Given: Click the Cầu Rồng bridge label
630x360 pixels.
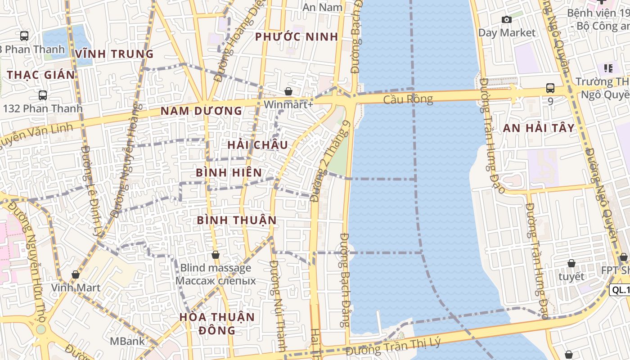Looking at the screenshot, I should [x=408, y=99].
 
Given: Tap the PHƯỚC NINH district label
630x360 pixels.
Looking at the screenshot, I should [x=297, y=37].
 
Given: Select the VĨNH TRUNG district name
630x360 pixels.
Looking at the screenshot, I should [x=115, y=54].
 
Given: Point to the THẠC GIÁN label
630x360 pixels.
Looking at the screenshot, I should [x=41, y=75].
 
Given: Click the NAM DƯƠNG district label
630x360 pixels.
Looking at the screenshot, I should [x=202, y=111].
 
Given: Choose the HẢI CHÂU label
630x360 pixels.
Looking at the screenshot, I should [x=257, y=145].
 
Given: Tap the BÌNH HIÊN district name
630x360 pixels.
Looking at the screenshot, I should [x=229, y=172].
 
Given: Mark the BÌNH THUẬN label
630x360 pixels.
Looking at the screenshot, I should [x=237, y=220].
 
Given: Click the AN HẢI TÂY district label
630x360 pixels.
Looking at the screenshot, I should [x=539, y=128].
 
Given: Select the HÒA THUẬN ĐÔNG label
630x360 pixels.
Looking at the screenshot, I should [x=217, y=323].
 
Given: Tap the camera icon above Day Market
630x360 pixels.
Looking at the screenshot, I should [x=507, y=19].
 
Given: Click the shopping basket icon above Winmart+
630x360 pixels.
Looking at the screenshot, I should [x=288, y=91].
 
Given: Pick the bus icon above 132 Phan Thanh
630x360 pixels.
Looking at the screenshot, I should [x=43, y=95].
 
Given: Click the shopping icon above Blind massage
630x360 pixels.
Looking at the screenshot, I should [x=216, y=255].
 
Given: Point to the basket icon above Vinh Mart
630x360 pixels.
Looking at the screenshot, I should [x=76, y=274].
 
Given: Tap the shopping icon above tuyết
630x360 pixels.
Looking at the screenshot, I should [x=571, y=263].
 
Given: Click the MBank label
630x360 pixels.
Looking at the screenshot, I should [x=128, y=341].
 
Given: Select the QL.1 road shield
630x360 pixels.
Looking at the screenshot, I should [x=620, y=290].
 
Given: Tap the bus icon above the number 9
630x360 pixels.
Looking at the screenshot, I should [x=550, y=88].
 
